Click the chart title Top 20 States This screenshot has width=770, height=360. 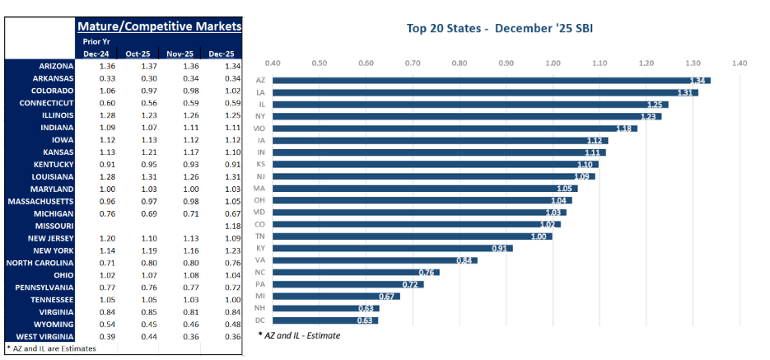500,29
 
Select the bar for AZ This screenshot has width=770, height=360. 491,80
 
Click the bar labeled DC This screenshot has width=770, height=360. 325,320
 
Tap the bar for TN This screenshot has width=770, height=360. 412,236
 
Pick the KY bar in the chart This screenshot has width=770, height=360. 392,248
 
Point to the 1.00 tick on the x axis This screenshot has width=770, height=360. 553,63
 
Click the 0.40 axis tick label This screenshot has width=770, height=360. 272,63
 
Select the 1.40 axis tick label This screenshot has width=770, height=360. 740,63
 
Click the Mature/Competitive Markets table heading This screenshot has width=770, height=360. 159,26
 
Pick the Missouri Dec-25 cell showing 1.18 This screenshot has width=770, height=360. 222,226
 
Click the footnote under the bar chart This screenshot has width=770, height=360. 298,335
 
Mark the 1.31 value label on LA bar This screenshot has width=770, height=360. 687,92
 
